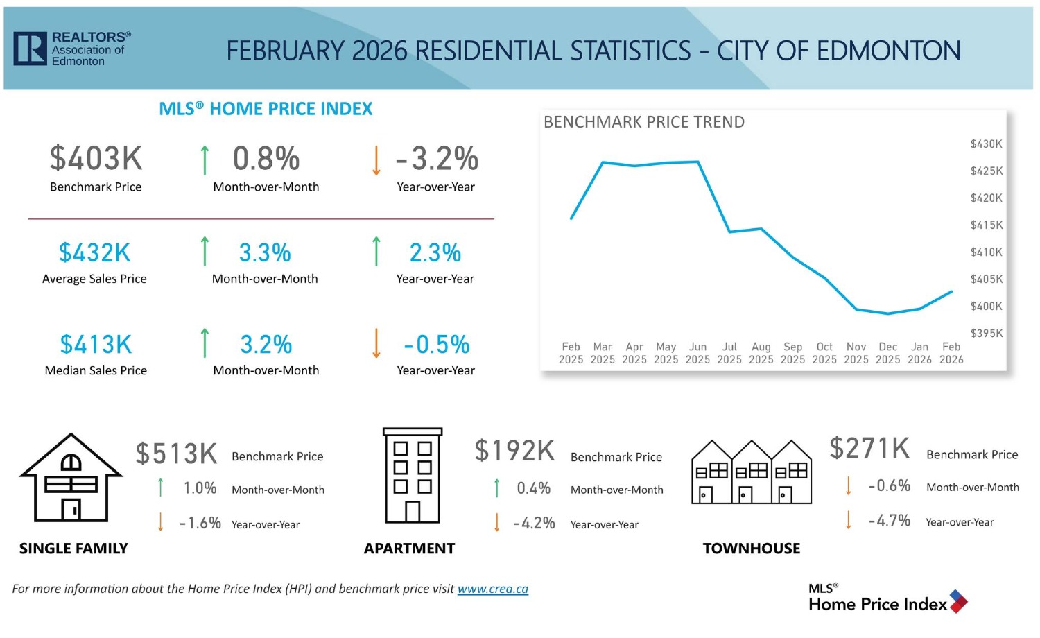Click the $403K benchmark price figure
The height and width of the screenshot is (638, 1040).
(96, 159)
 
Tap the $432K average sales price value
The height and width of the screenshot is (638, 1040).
(94, 253)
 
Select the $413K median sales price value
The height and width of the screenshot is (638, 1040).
(96, 345)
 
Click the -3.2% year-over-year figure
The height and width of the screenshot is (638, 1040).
(437, 159)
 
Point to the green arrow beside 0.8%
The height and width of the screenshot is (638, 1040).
(205, 159)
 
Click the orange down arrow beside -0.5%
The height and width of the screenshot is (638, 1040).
(376, 343)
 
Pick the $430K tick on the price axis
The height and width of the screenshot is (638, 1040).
(986, 144)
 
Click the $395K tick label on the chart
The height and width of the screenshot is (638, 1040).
(986, 334)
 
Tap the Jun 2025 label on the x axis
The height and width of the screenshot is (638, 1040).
(697, 353)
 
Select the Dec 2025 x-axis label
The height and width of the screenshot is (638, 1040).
(887, 353)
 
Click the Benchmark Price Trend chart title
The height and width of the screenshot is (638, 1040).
(644, 123)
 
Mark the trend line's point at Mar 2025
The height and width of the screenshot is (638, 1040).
(603, 162)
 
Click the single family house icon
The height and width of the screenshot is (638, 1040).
(71, 478)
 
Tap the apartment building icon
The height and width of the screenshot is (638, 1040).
(413, 476)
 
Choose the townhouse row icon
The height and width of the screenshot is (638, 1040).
(752, 472)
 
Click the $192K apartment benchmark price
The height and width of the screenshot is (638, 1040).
(514, 451)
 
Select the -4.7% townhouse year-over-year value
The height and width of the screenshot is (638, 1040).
(890, 521)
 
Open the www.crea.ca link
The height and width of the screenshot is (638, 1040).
(492, 589)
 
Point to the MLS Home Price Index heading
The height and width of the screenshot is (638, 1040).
(266, 109)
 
